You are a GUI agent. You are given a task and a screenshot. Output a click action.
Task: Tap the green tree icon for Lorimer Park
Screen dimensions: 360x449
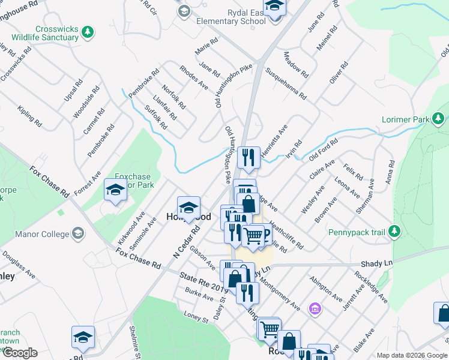pos(439,119)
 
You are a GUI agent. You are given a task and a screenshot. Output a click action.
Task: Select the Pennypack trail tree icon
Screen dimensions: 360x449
pos(394,230)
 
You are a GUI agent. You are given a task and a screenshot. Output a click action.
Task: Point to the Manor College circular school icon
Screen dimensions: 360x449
pos(78,232)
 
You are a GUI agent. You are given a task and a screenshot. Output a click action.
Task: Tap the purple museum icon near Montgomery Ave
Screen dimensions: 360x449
pos(314,309)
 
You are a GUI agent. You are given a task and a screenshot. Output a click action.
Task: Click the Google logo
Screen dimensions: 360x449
pos(19,353)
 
